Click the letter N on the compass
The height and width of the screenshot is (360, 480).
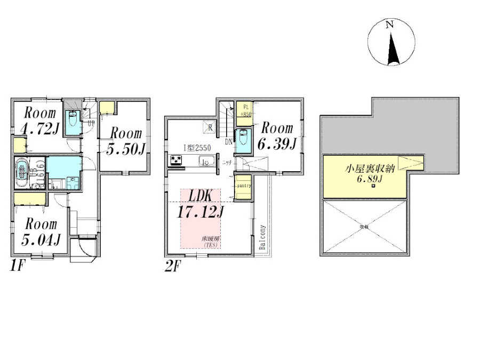(390, 25)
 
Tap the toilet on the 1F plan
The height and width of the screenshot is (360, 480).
(73, 118)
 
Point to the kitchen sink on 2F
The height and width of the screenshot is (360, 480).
(206, 162)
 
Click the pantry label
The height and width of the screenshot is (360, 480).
(244, 186)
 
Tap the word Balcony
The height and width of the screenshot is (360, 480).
(262, 236)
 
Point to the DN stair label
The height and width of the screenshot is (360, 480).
(228, 141)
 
